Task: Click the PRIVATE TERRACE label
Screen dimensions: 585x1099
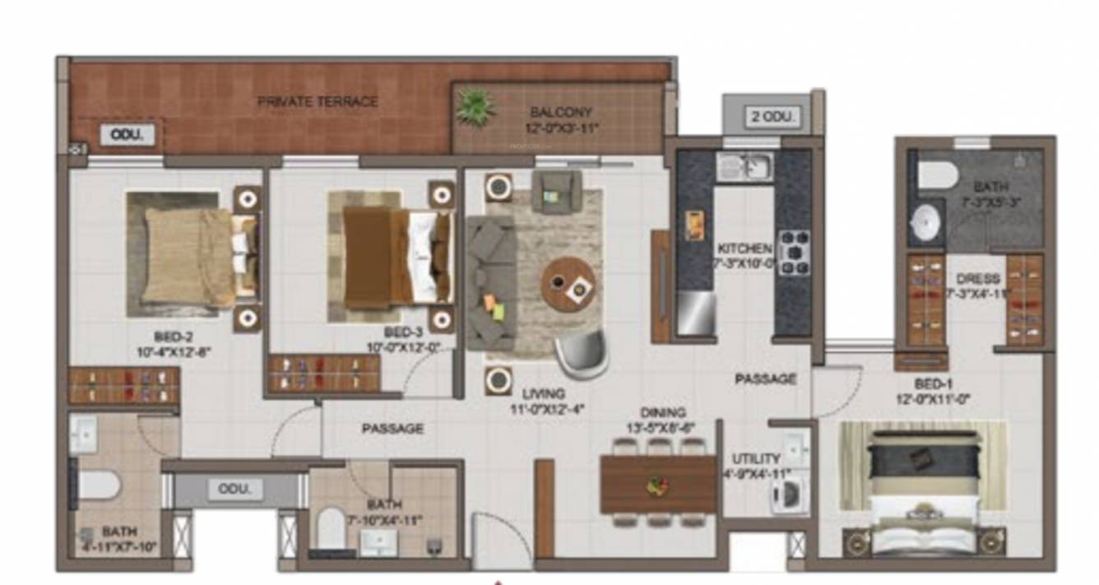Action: (x=318, y=102)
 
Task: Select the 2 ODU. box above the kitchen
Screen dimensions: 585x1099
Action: (x=773, y=117)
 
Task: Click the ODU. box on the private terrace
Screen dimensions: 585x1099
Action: (x=127, y=135)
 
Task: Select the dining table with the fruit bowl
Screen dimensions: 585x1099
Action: (x=658, y=485)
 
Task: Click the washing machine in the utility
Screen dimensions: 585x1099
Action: (x=785, y=496)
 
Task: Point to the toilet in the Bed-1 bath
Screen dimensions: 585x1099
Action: (x=938, y=174)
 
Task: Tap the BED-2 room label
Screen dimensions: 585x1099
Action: (x=173, y=337)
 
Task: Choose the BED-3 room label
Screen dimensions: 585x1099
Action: (x=403, y=332)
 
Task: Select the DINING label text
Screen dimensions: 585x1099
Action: (x=663, y=412)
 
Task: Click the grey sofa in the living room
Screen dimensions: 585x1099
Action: (x=491, y=280)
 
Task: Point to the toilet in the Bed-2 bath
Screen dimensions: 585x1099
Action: (x=97, y=485)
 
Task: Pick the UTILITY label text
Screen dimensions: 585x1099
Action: (x=756, y=458)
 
